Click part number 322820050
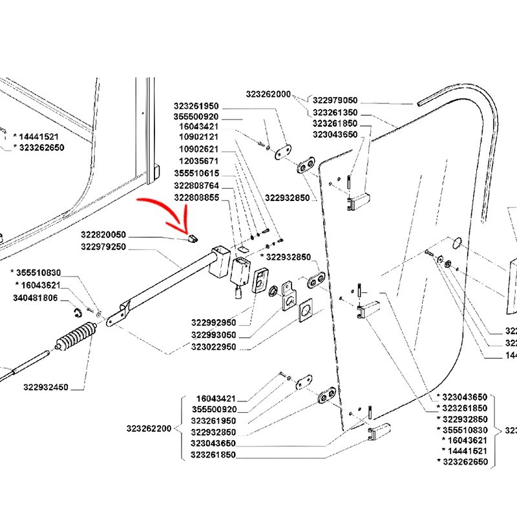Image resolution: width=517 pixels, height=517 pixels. [104, 235]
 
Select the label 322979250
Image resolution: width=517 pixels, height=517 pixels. [104, 246]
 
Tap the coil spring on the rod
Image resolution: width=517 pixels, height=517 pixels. [77, 337]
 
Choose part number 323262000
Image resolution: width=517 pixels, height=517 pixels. [268, 94]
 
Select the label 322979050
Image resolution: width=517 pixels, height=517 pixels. [335, 100]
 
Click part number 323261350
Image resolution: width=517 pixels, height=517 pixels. [335, 112]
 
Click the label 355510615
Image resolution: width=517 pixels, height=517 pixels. [196, 173]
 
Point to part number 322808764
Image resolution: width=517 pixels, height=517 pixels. [196, 185]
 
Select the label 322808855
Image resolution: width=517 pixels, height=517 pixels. [196, 198]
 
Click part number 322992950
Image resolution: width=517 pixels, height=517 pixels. [213, 322]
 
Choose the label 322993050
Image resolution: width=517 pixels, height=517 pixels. [213, 335]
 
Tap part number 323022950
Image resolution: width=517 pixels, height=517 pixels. [213, 347]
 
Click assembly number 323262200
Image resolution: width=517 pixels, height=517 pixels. [149, 428]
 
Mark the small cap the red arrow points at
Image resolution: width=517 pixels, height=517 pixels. [190, 238]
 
